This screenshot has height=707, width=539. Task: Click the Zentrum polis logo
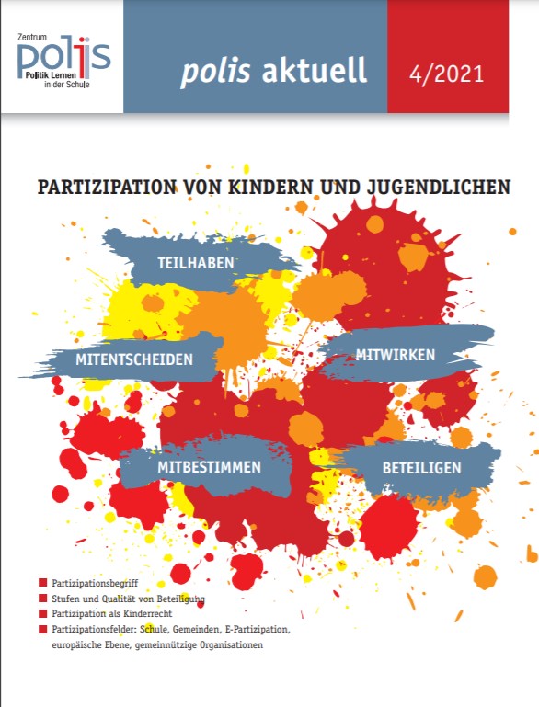pos(63,61)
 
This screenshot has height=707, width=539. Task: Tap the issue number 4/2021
pos(446,74)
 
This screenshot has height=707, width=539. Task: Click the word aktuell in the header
pos(314,70)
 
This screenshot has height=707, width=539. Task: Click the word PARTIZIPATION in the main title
pos(107,188)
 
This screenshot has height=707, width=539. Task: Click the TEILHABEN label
pos(196,263)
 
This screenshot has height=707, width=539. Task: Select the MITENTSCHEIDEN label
pos(134,359)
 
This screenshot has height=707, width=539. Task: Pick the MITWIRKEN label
pos(396,355)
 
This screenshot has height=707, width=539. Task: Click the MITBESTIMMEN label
pos(210,467)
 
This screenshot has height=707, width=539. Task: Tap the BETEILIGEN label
pos(422,468)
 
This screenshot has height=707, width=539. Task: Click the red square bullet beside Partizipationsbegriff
pos(43,583)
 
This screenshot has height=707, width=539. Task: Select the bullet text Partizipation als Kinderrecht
pos(112,613)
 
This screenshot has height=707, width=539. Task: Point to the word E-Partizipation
pos(257,630)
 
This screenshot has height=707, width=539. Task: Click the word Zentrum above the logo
pos(31,38)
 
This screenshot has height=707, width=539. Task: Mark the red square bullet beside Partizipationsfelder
pos(43,629)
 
